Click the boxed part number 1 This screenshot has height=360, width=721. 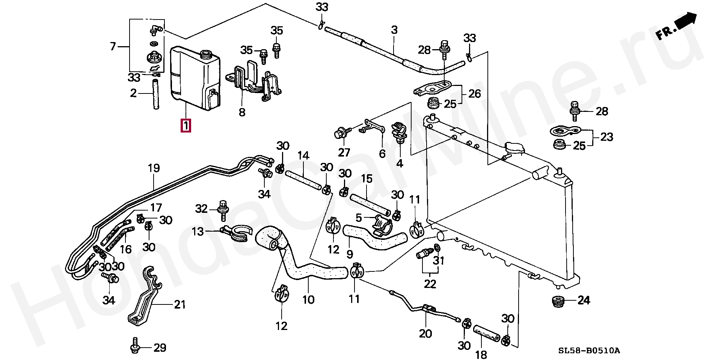click(x=186, y=125)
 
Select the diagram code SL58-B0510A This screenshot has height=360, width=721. click(x=589, y=351)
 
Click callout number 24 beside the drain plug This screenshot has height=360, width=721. click(x=584, y=300)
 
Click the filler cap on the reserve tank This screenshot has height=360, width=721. click(x=205, y=54)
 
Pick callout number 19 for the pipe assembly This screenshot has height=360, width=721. click(x=154, y=168)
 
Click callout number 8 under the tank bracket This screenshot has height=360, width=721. click(x=242, y=112)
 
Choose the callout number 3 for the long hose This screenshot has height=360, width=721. click(x=394, y=30)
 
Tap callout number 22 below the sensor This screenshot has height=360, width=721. click(x=430, y=284)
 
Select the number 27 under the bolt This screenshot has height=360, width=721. click(x=344, y=152)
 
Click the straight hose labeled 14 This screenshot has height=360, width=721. click(x=303, y=181)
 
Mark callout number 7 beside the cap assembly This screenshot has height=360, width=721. click(x=113, y=47)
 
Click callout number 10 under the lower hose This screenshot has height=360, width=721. click(x=308, y=300)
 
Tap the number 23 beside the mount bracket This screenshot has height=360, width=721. click(x=606, y=137)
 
